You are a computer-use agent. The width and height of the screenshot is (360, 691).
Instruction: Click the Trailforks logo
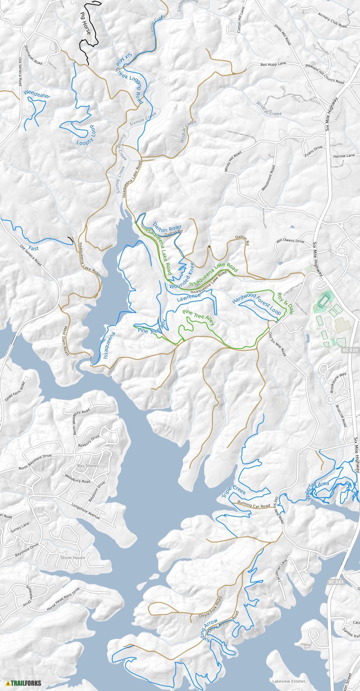[x=24, y=683]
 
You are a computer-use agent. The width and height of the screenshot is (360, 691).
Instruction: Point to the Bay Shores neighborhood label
[x=88, y=466]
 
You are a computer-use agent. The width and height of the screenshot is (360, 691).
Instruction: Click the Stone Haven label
[x=72, y=558]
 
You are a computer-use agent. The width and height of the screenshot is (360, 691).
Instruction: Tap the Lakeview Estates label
[x=289, y=681]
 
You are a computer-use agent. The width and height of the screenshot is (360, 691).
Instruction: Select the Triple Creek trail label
[x=234, y=492]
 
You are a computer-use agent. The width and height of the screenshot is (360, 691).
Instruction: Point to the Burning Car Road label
[x=253, y=505]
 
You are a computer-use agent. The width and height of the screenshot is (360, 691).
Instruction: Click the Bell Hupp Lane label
[x=273, y=64]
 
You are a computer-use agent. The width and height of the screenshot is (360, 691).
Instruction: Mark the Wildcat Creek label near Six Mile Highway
[x=269, y=108]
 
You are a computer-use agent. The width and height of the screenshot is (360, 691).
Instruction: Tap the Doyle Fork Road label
[x=210, y=608]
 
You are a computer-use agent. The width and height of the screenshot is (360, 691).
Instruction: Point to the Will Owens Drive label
[x=290, y=241]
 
